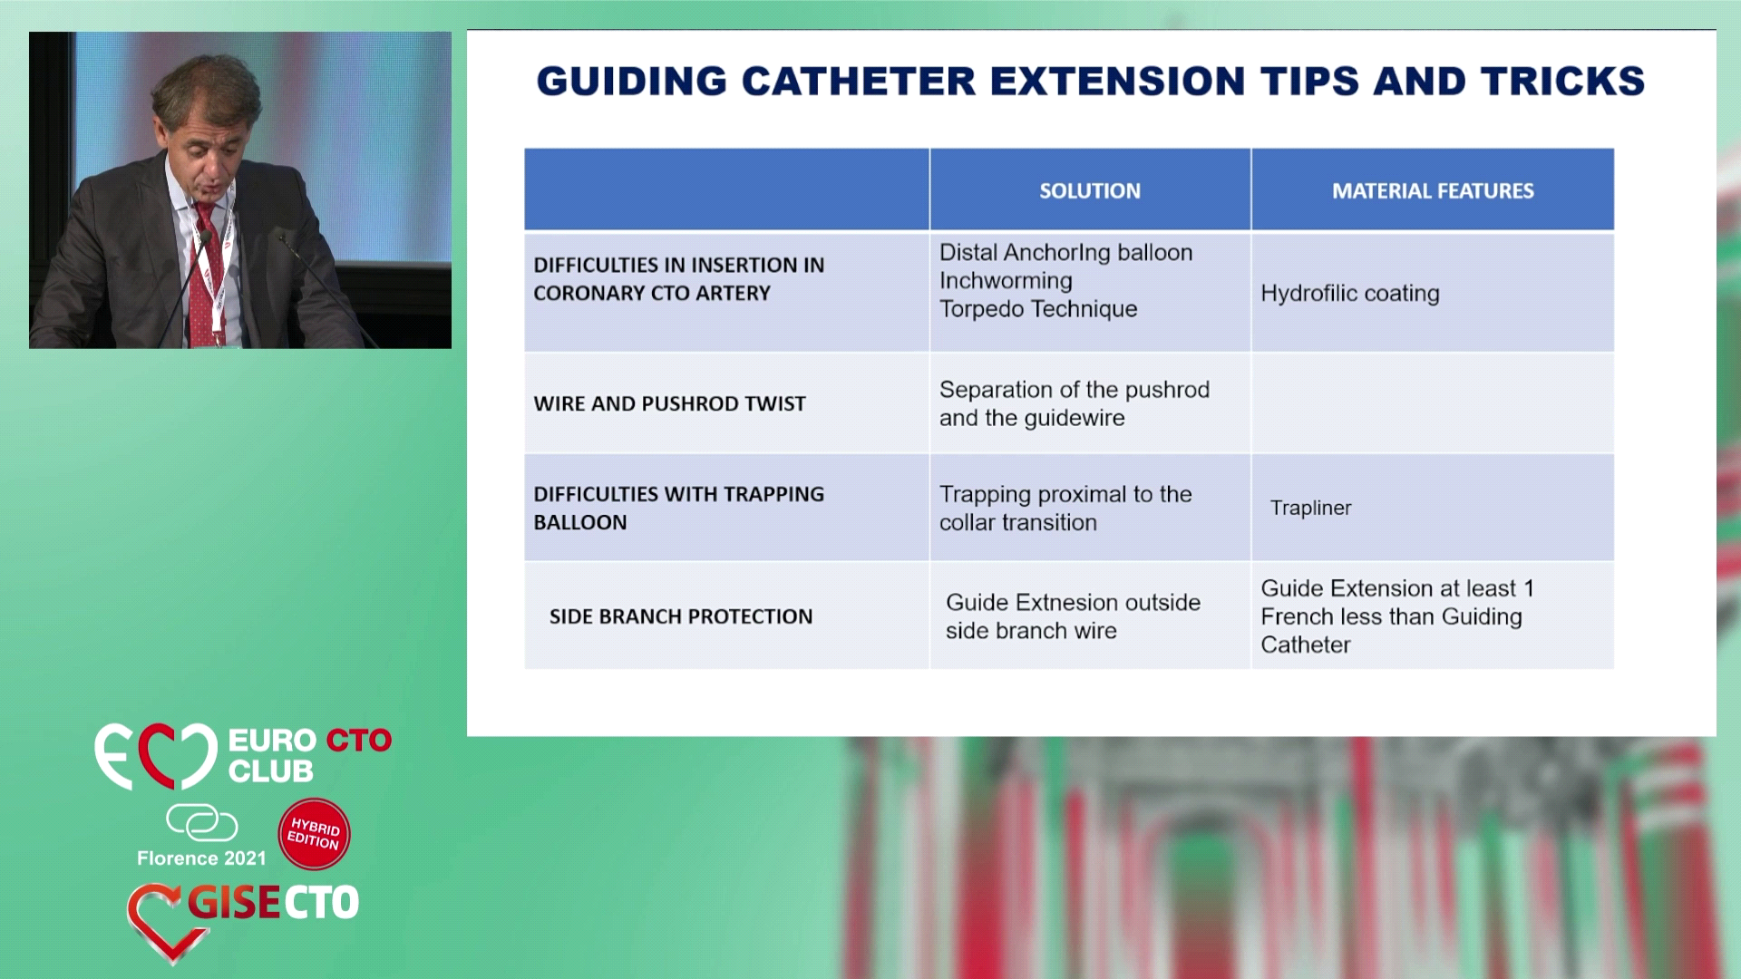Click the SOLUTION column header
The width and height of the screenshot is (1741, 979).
1089,191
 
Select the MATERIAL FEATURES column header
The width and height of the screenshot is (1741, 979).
1433,191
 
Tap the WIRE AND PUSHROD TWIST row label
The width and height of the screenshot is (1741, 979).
669,403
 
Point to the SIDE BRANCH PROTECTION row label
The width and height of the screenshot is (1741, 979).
681,616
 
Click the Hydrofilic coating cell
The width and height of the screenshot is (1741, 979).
1350,293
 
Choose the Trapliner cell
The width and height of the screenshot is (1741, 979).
1310,508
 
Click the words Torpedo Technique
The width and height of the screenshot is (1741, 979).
1038,309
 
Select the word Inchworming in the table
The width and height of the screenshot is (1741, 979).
1006,281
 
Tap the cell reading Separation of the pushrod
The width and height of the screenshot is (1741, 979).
1075,403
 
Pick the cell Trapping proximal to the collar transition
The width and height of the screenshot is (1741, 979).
1065,508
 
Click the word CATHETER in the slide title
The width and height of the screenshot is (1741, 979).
857,82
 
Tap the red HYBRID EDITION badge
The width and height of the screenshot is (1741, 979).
314,834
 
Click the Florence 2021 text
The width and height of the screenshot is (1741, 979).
201,858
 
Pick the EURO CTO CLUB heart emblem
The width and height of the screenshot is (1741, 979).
156,756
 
